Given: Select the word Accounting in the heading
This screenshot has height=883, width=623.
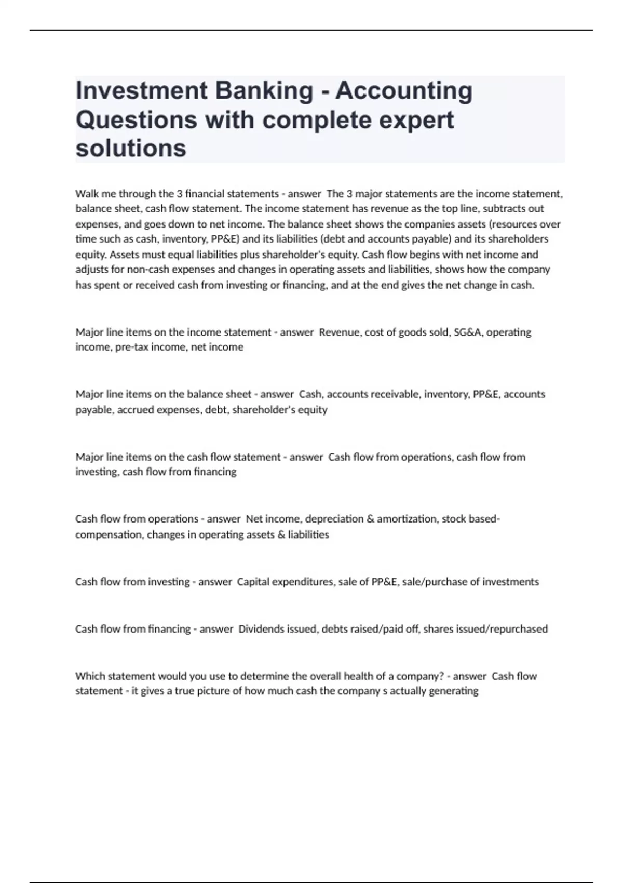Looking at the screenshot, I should pos(404,91).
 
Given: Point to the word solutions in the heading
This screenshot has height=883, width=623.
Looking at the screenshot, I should pos(131,149).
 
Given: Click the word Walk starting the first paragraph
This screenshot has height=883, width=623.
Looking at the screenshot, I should pos(86,194).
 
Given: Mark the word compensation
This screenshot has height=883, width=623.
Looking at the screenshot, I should pos(108,534).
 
